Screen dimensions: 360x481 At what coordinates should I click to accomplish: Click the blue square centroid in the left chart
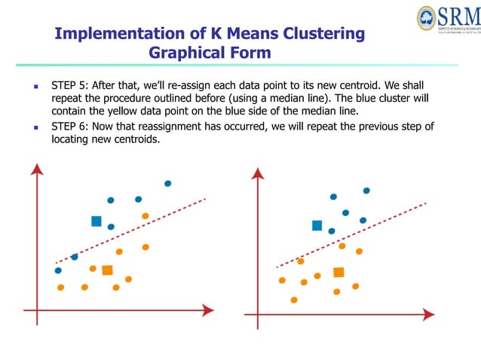coord(97,221)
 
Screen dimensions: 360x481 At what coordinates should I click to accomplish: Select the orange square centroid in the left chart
coord(107,270)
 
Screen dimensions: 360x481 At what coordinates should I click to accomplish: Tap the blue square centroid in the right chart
coord(317,225)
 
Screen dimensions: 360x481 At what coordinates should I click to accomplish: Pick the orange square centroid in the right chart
coord(339,272)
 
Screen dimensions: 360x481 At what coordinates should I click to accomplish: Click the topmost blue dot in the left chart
coord(167,183)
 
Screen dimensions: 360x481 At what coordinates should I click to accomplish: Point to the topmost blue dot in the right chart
coord(366,191)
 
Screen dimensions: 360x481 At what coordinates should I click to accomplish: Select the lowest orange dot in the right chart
coord(294,299)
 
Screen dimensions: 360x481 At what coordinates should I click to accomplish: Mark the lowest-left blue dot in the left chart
coord(58,270)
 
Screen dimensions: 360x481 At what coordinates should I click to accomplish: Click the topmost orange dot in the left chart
coord(145,216)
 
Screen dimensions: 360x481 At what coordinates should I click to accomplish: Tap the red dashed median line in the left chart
coord(136,229)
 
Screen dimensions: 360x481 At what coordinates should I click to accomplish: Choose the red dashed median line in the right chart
coord(354,234)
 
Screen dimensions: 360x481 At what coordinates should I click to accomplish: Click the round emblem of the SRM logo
coord(427,18)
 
